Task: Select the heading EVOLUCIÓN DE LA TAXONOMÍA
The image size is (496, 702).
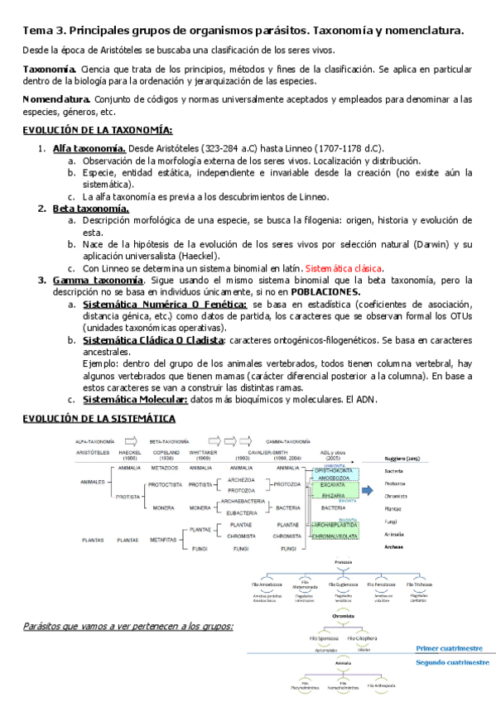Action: [97, 131]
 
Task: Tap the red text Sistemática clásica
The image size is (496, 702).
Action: [344, 269]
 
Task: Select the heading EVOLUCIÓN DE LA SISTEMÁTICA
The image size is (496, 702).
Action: [99, 420]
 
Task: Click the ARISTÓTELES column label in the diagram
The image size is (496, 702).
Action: [92, 454]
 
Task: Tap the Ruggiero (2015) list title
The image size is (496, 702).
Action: [404, 457]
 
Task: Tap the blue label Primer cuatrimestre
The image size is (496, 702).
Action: [448, 649]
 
